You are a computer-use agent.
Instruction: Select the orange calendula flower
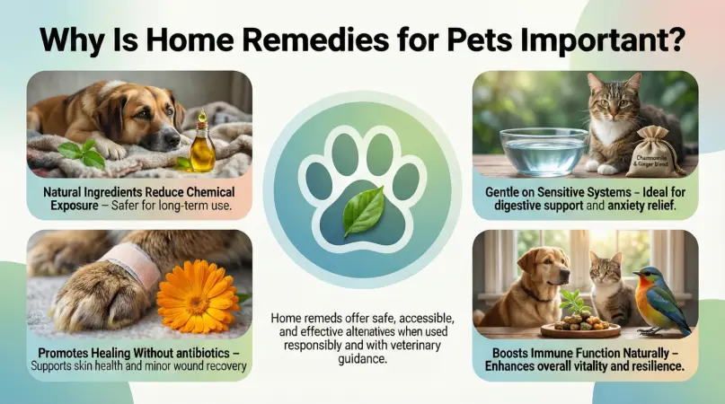[198, 295]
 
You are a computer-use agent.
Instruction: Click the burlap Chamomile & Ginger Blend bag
[656, 154]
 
